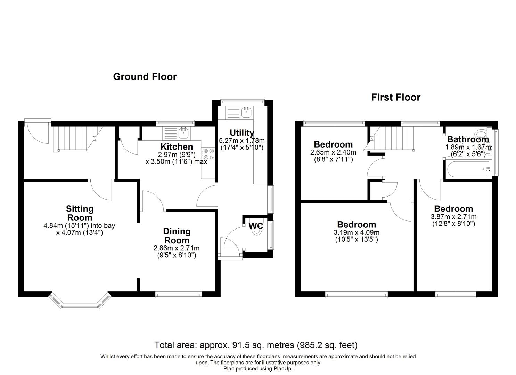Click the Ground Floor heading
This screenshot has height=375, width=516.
[145, 77]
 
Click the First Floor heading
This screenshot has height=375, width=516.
[395, 97]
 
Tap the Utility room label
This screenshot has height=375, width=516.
[242, 133]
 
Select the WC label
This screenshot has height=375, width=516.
[256, 226]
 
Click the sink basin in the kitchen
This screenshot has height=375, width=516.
[183, 132]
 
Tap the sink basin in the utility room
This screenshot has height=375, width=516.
[247, 112]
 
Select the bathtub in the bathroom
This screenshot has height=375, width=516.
[467, 169]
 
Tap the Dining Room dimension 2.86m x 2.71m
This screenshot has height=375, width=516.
[177, 248]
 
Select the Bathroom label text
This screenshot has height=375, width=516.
[468, 139]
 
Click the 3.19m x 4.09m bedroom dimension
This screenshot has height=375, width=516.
[356, 233]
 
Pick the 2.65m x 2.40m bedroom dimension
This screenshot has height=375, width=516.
[333, 152]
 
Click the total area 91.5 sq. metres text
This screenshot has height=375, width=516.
[256, 345]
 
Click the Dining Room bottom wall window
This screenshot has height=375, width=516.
[179, 295]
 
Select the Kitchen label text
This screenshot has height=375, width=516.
[177, 147]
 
